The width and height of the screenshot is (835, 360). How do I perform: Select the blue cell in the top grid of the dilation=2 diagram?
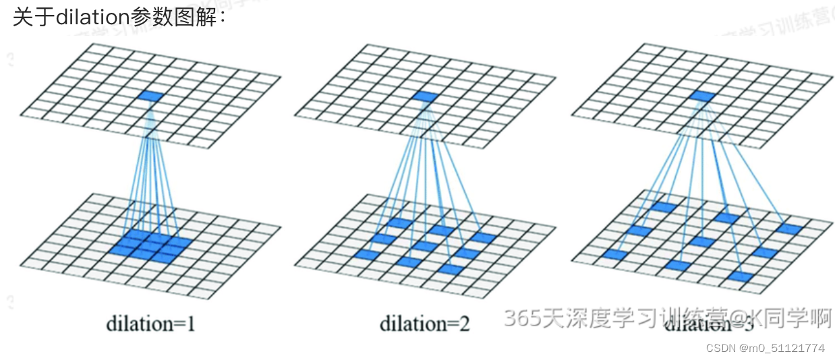(x=426, y=96)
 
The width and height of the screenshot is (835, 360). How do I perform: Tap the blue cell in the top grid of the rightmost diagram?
(x=702, y=96)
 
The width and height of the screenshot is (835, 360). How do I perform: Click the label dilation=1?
(x=150, y=324)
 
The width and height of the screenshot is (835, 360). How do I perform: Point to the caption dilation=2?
(x=424, y=324)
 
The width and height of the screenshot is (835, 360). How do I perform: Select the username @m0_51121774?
(x=782, y=348)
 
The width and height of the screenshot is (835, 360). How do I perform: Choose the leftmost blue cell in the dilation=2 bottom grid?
(x=368, y=255)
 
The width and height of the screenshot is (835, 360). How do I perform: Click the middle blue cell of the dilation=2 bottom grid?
(x=425, y=246)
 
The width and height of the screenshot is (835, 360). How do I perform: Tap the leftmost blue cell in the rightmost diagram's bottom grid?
(x=616, y=254)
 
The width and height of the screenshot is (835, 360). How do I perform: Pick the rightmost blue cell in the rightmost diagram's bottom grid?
(x=788, y=229)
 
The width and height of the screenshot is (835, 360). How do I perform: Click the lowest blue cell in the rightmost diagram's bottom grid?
(x=741, y=276)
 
